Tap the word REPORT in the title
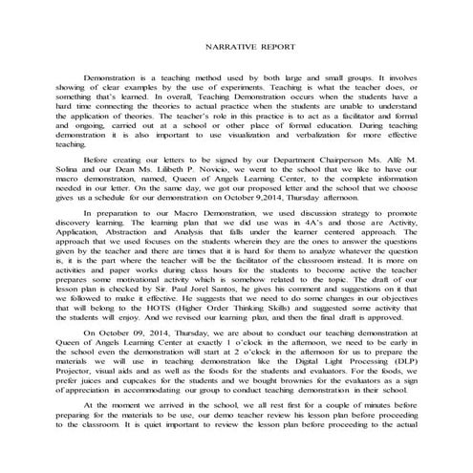click(276, 46)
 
